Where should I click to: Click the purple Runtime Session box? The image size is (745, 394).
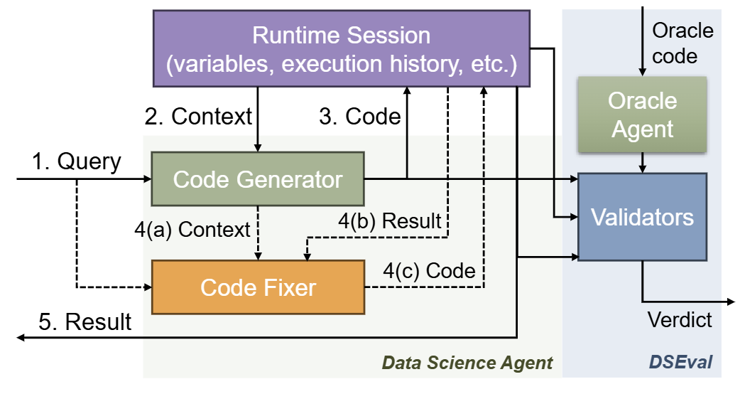[x=341, y=48]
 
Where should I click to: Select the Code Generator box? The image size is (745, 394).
[x=258, y=180]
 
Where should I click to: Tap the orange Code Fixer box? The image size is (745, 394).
[x=258, y=287]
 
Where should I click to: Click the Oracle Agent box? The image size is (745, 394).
[x=642, y=115]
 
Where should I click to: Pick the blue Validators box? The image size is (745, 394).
[x=642, y=217]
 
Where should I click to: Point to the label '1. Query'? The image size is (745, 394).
[x=77, y=161]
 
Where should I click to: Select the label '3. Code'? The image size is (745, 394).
[x=360, y=117]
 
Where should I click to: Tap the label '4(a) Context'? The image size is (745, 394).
[x=192, y=230]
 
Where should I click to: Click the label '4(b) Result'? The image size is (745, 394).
[x=389, y=221]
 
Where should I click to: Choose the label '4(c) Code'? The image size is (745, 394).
[x=429, y=270]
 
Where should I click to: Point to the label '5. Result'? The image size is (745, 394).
[x=85, y=322]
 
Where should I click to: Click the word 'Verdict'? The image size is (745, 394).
[x=680, y=320]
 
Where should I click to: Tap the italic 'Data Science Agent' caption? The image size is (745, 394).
[x=467, y=363]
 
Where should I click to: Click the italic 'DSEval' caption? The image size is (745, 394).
[x=680, y=363]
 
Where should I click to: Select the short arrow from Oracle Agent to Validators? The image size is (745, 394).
[x=642, y=164]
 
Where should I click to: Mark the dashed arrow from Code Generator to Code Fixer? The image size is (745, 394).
[x=258, y=234]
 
